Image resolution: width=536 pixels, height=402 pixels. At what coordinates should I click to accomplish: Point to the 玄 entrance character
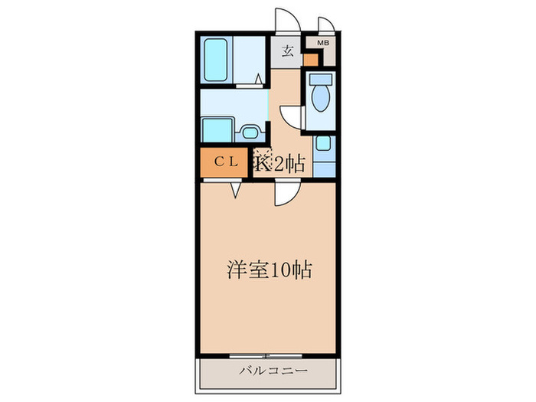pyautogui.click(x=288, y=52)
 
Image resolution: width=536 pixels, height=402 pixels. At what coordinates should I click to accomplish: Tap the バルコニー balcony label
pyautogui.click(x=268, y=371)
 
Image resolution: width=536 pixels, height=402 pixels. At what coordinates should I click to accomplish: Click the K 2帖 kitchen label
pyautogui.click(x=281, y=162)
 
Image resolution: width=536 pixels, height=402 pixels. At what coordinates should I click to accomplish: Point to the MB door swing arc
pyautogui.click(x=325, y=25)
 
